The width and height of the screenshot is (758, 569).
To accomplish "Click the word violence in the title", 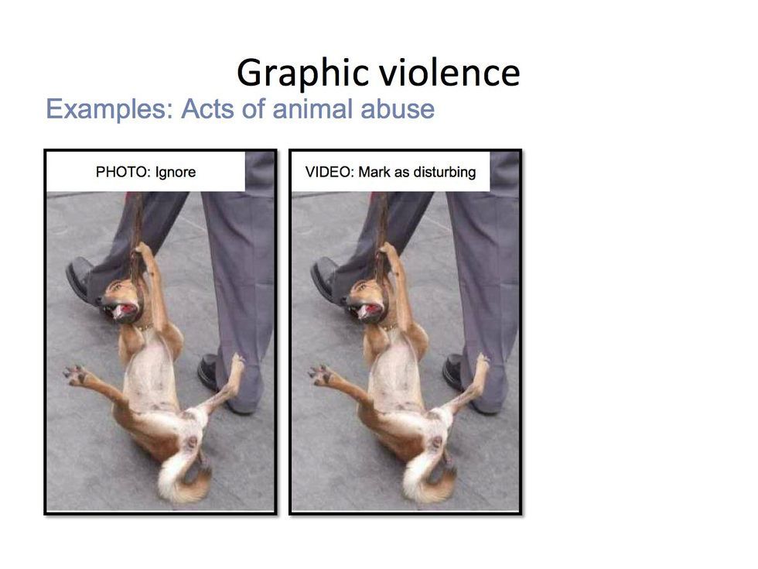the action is click(449, 73).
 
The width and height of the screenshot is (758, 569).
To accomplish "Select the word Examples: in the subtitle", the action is click(110, 109).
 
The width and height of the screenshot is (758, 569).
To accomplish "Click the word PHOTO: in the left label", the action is click(122, 172).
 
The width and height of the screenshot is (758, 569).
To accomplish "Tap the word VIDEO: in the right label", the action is click(329, 172).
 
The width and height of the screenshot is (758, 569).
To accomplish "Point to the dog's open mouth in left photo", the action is click(125, 310).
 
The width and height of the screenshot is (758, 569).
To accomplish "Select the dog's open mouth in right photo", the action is click(369, 310).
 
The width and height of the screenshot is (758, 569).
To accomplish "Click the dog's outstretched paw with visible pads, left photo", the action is click(75, 375).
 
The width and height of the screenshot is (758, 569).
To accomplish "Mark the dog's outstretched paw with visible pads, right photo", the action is click(320, 375).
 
